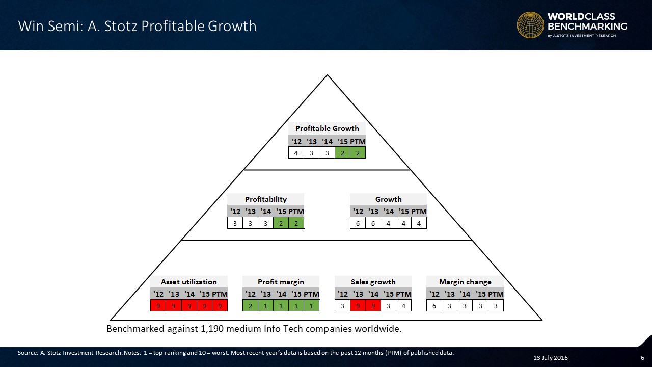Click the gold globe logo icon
coord(530,25)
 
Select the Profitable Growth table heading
coord(327,128)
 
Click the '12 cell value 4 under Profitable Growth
coord(296,153)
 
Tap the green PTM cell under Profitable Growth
coord(358,153)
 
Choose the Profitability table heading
coord(266,199)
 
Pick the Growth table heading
coord(388,199)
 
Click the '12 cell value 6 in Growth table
coord(358,223)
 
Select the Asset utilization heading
coord(189,282)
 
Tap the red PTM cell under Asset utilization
coord(220,306)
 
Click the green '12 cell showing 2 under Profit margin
coord(250,306)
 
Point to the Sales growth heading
coord(373,282)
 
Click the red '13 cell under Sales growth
coord(358,306)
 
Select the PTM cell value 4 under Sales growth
coord(403,306)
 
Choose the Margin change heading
coord(465,282)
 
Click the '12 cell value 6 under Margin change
coord(434,306)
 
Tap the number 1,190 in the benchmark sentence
coord(212,329)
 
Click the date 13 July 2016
coord(551,358)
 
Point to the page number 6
coord(642,358)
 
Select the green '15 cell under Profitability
coord(281,223)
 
